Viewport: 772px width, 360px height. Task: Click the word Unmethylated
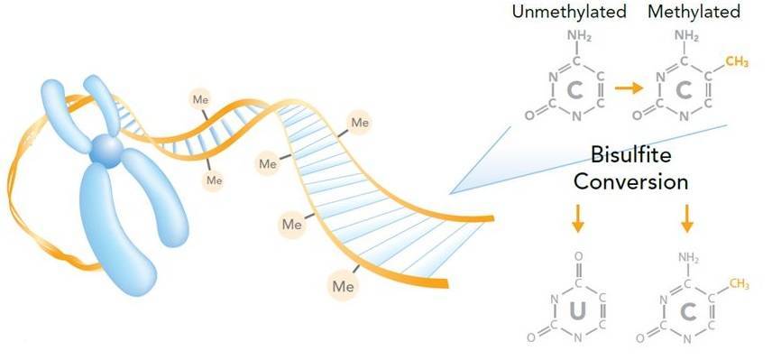[x=568, y=13]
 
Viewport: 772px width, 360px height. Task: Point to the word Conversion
[x=632, y=180]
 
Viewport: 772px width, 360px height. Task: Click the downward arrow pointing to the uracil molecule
[x=578, y=217]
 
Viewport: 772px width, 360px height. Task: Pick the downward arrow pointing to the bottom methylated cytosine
[x=687, y=217]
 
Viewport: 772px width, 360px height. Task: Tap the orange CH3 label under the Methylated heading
[x=738, y=61]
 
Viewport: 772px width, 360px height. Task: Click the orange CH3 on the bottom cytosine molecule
[x=740, y=285]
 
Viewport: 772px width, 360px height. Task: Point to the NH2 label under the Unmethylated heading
[x=579, y=36]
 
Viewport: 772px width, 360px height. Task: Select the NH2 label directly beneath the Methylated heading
[x=688, y=36]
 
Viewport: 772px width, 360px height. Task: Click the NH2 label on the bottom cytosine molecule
[x=689, y=259]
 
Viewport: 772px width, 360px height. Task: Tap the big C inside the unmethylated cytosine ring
[x=578, y=90]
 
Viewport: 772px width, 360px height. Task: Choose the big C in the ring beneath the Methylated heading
[x=687, y=90]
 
